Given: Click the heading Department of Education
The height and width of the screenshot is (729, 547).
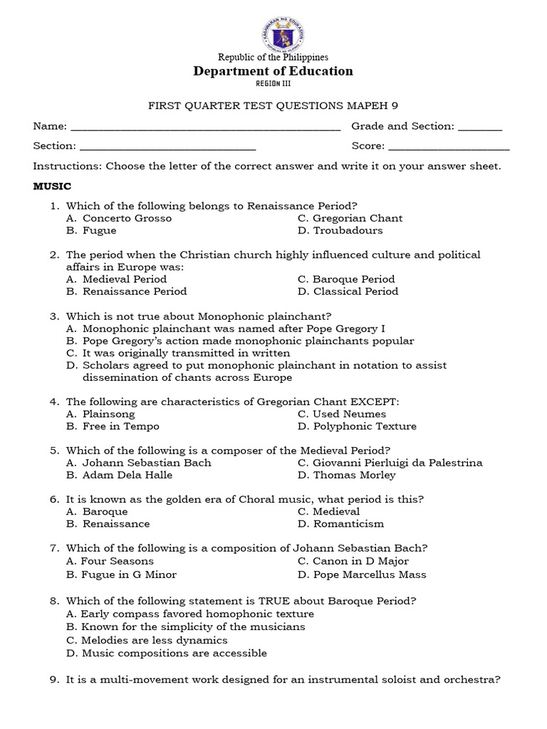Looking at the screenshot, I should (273, 71).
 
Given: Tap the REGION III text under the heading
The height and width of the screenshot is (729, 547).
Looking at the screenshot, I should (273, 83).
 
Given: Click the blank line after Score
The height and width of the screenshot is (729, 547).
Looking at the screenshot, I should (449, 147).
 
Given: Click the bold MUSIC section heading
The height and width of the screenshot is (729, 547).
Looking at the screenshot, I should (53, 187).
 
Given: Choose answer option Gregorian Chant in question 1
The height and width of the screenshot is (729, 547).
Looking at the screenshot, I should (358, 219).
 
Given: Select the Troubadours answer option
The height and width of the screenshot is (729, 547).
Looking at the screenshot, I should (348, 231).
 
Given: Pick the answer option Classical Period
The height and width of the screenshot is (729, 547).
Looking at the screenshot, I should (355, 291).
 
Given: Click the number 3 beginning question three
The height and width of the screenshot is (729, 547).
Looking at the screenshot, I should (53, 316).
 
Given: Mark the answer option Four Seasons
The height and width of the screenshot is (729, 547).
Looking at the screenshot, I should (118, 561).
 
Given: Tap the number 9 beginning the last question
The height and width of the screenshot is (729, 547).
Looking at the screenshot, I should (53, 680).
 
